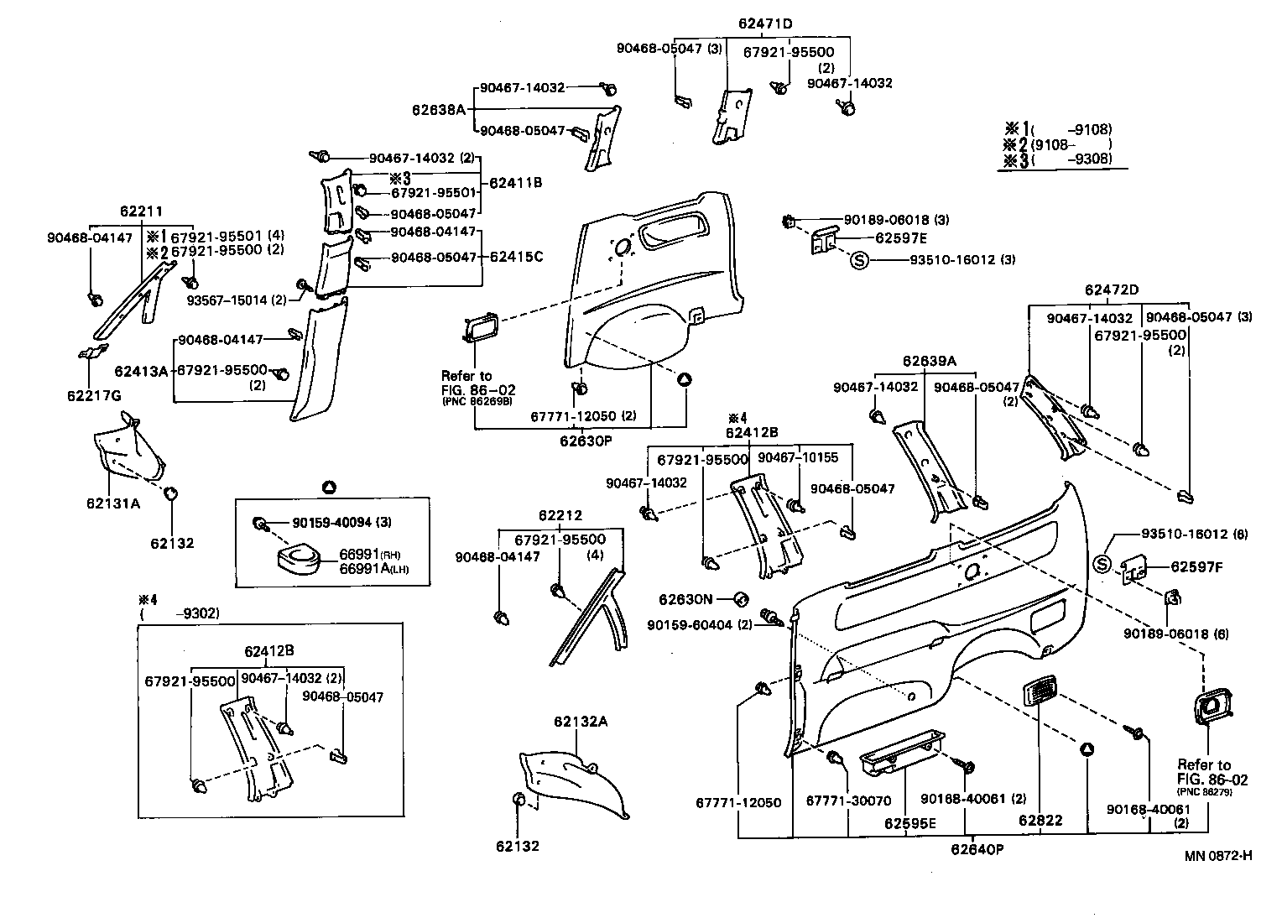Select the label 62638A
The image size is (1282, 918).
[438, 110]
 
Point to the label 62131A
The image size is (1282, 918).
[112, 503]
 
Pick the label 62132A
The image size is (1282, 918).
[579, 721]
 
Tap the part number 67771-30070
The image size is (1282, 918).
[847, 801]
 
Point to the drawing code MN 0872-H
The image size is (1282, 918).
[1218, 855]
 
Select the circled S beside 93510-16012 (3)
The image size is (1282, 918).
[859, 260]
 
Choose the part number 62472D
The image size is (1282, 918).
[1111, 290]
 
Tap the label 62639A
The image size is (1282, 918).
[929, 361]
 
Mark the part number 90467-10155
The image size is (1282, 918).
[798, 457]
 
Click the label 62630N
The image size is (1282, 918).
[685, 599]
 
